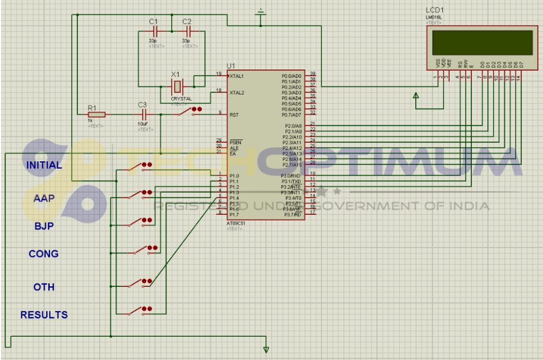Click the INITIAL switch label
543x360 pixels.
tap(44, 165)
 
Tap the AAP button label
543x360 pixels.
tap(44, 198)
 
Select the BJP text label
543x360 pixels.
tap(44, 226)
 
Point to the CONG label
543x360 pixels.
tap(43, 254)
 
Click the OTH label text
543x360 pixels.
tap(44, 287)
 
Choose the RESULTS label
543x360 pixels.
tap(44, 315)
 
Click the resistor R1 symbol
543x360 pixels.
tap(97, 114)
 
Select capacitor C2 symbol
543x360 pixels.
tap(187, 32)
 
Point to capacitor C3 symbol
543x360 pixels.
tap(142, 114)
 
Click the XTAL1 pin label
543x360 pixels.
tap(237, 76)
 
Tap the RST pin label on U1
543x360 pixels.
tap(233, 115)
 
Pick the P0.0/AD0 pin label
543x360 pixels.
tap(291, 76)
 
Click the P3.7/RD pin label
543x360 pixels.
tap(293, 214)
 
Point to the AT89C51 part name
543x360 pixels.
tap(236, 223)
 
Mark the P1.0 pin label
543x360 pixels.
tap(234, 175)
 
